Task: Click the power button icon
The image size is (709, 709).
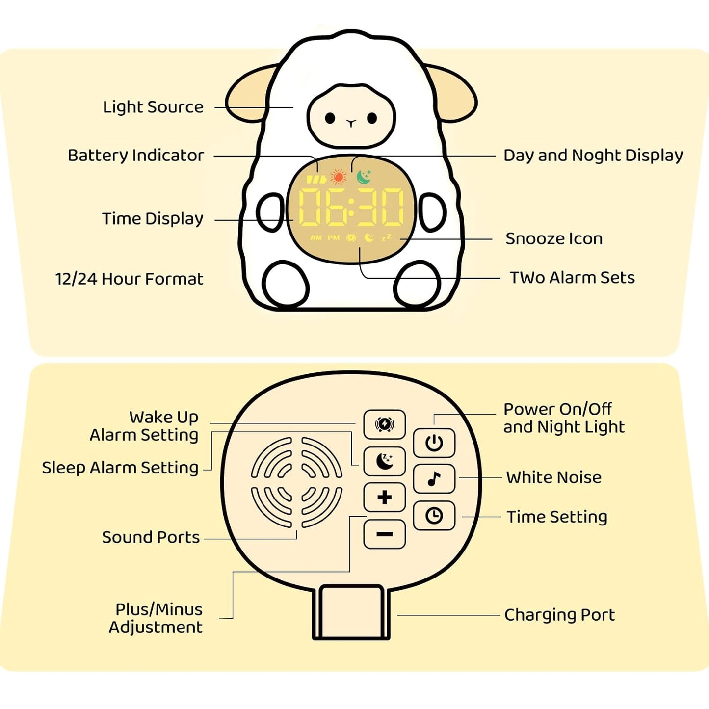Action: [x=434, y=443]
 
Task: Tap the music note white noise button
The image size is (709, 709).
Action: [x=434, y=479]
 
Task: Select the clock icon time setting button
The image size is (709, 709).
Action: [x=434, y=516]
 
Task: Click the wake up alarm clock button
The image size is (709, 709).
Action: [x=384, y=424]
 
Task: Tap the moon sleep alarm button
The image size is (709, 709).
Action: [x=384, y=461]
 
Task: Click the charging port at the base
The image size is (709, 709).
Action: [x=351, y=612]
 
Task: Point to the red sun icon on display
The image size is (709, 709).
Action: [x=338, y=177]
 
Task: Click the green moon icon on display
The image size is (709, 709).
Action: [x=364, y=177]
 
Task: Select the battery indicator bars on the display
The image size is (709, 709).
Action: [x=316, y=180]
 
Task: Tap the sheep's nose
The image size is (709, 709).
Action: [x=351, y=123]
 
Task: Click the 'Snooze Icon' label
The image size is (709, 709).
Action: [x=553, y=239]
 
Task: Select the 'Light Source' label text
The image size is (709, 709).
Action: [x=153, y=107]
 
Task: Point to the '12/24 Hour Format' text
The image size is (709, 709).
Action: [x=129, y=279]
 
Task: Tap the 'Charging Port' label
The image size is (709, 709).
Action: [x=559, y=615]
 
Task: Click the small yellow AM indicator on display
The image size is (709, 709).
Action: [x=316, y=238]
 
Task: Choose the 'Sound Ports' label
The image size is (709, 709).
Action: [x=151, y=537]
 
